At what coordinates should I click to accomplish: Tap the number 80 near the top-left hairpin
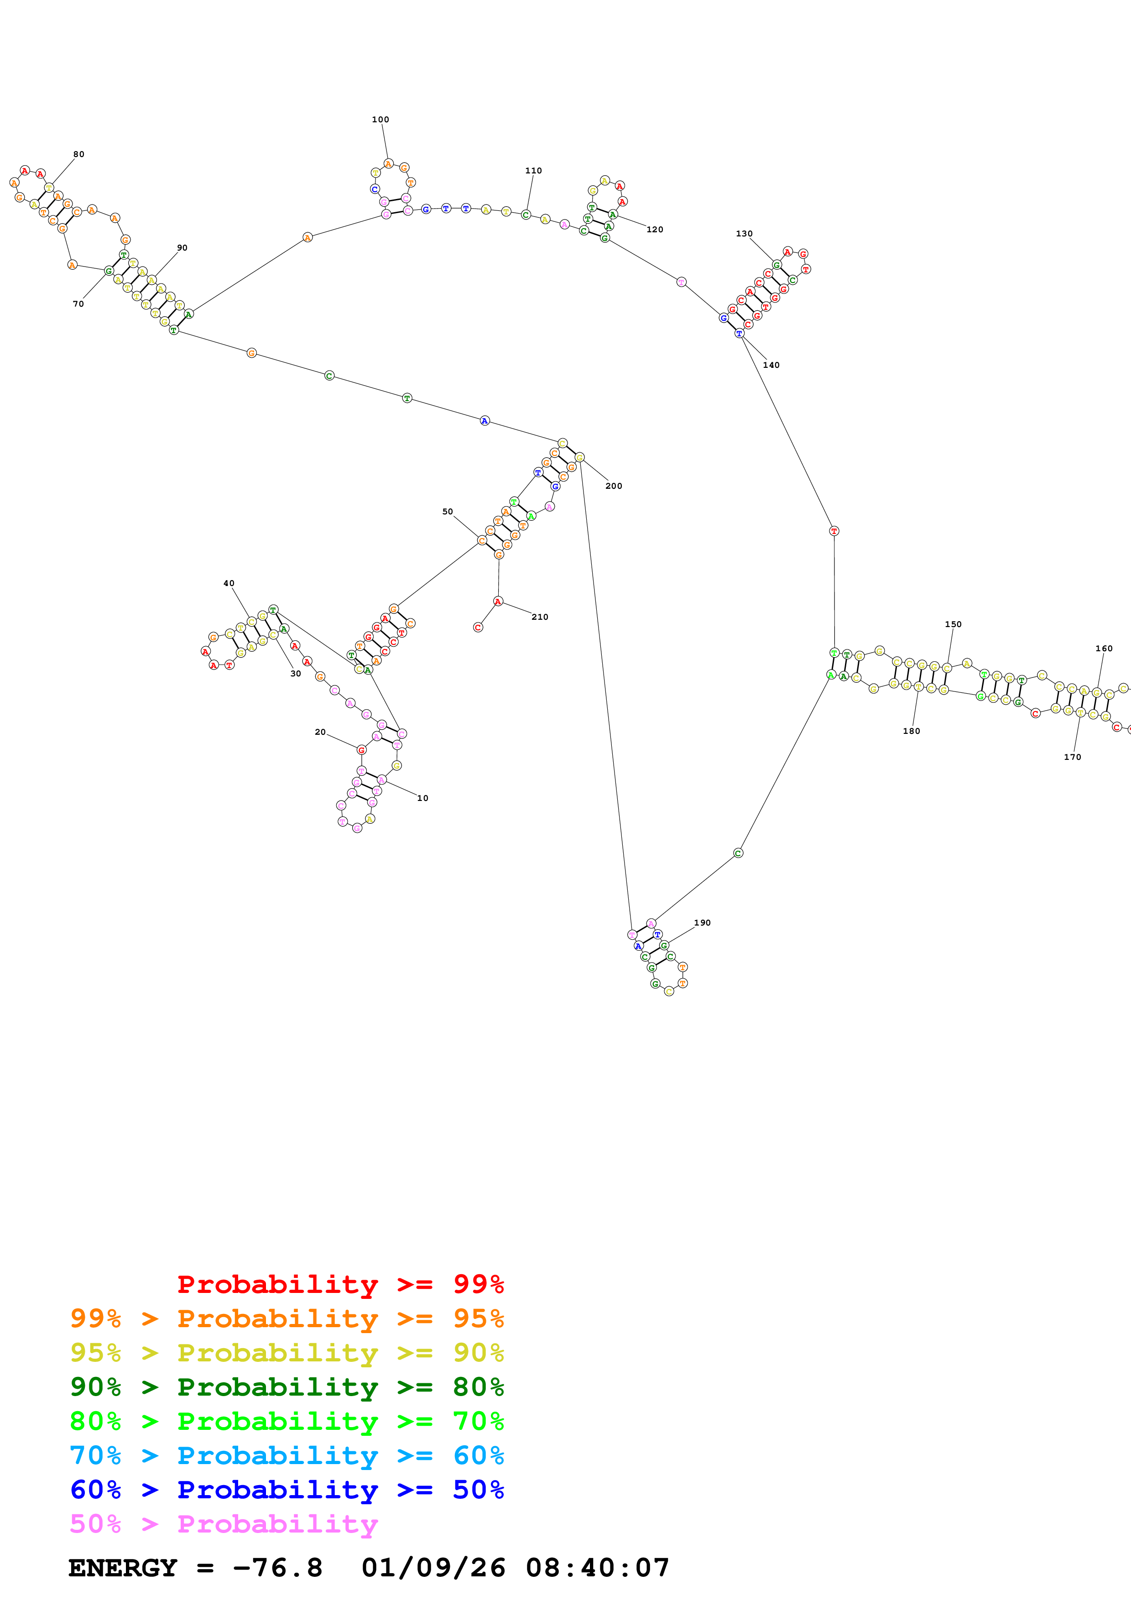point(79,155)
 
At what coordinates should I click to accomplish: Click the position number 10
point(422,798)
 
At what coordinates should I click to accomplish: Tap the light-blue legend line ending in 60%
point(287,1456)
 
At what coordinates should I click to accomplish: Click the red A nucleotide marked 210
point(498,601)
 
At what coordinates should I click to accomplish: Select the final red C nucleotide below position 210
point(478,628)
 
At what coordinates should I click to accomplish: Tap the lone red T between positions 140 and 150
point(834,531)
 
